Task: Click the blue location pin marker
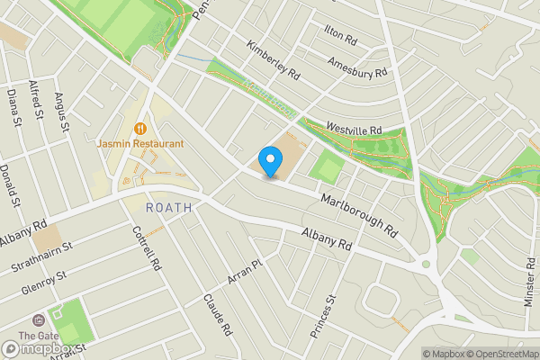(269, 162)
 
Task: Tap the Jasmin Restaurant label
(140, 143)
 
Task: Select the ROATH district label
(168, 206)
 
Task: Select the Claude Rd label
(218, 314)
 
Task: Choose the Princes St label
(322, 317)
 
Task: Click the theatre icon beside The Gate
(37, 321)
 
